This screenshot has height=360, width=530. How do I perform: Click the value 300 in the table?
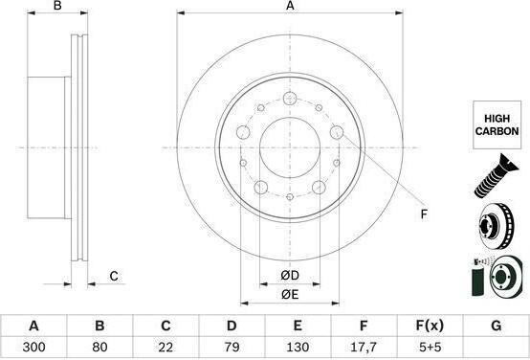point(33,347)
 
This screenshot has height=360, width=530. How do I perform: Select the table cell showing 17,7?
point(364,347)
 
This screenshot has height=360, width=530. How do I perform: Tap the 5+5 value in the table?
point(430,347)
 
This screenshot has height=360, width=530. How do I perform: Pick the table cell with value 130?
point(298,347)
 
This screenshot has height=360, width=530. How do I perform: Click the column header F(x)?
point(430,326)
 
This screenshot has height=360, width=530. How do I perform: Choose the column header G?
point(496,326)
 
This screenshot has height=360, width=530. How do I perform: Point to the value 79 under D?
point(232,347)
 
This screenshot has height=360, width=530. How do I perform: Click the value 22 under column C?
point(166,347)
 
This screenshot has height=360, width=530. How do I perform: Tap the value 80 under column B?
point(99,347)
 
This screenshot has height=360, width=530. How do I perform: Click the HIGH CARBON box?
point(497,124)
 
